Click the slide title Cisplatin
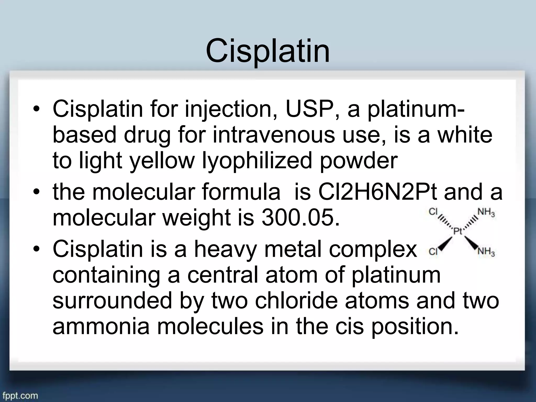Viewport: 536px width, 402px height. pos(267,51)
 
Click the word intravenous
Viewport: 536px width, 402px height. pos(273,135)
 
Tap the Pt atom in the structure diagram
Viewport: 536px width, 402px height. pos(457,231)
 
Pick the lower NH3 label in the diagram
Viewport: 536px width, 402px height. pos(486,252)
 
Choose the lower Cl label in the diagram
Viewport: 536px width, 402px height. pos(433,252)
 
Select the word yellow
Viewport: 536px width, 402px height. pos(163,161)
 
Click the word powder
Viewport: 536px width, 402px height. pos(359,161)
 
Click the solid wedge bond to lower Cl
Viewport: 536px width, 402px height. pos(446,243)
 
